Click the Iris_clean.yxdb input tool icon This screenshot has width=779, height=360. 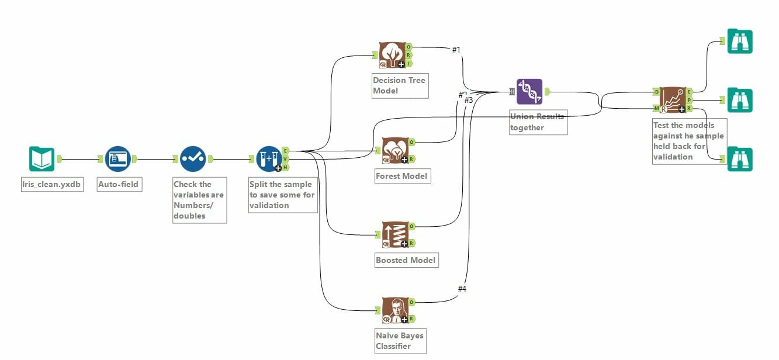41,159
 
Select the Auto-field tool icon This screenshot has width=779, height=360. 117,159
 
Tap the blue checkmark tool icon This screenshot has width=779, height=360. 192,159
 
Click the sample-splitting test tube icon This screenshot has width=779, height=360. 269,159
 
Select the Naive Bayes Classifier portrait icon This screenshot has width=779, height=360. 394,310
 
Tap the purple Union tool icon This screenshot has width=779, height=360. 529,92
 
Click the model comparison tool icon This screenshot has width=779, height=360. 673,100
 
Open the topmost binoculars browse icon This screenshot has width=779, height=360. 740,41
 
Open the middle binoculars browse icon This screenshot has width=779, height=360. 740,100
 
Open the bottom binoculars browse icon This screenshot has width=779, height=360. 740,159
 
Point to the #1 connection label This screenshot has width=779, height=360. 456,50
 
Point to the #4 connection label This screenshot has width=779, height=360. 462,289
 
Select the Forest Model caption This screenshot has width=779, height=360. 402,176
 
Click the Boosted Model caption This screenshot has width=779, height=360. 406,260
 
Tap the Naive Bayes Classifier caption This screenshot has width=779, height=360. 400,341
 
